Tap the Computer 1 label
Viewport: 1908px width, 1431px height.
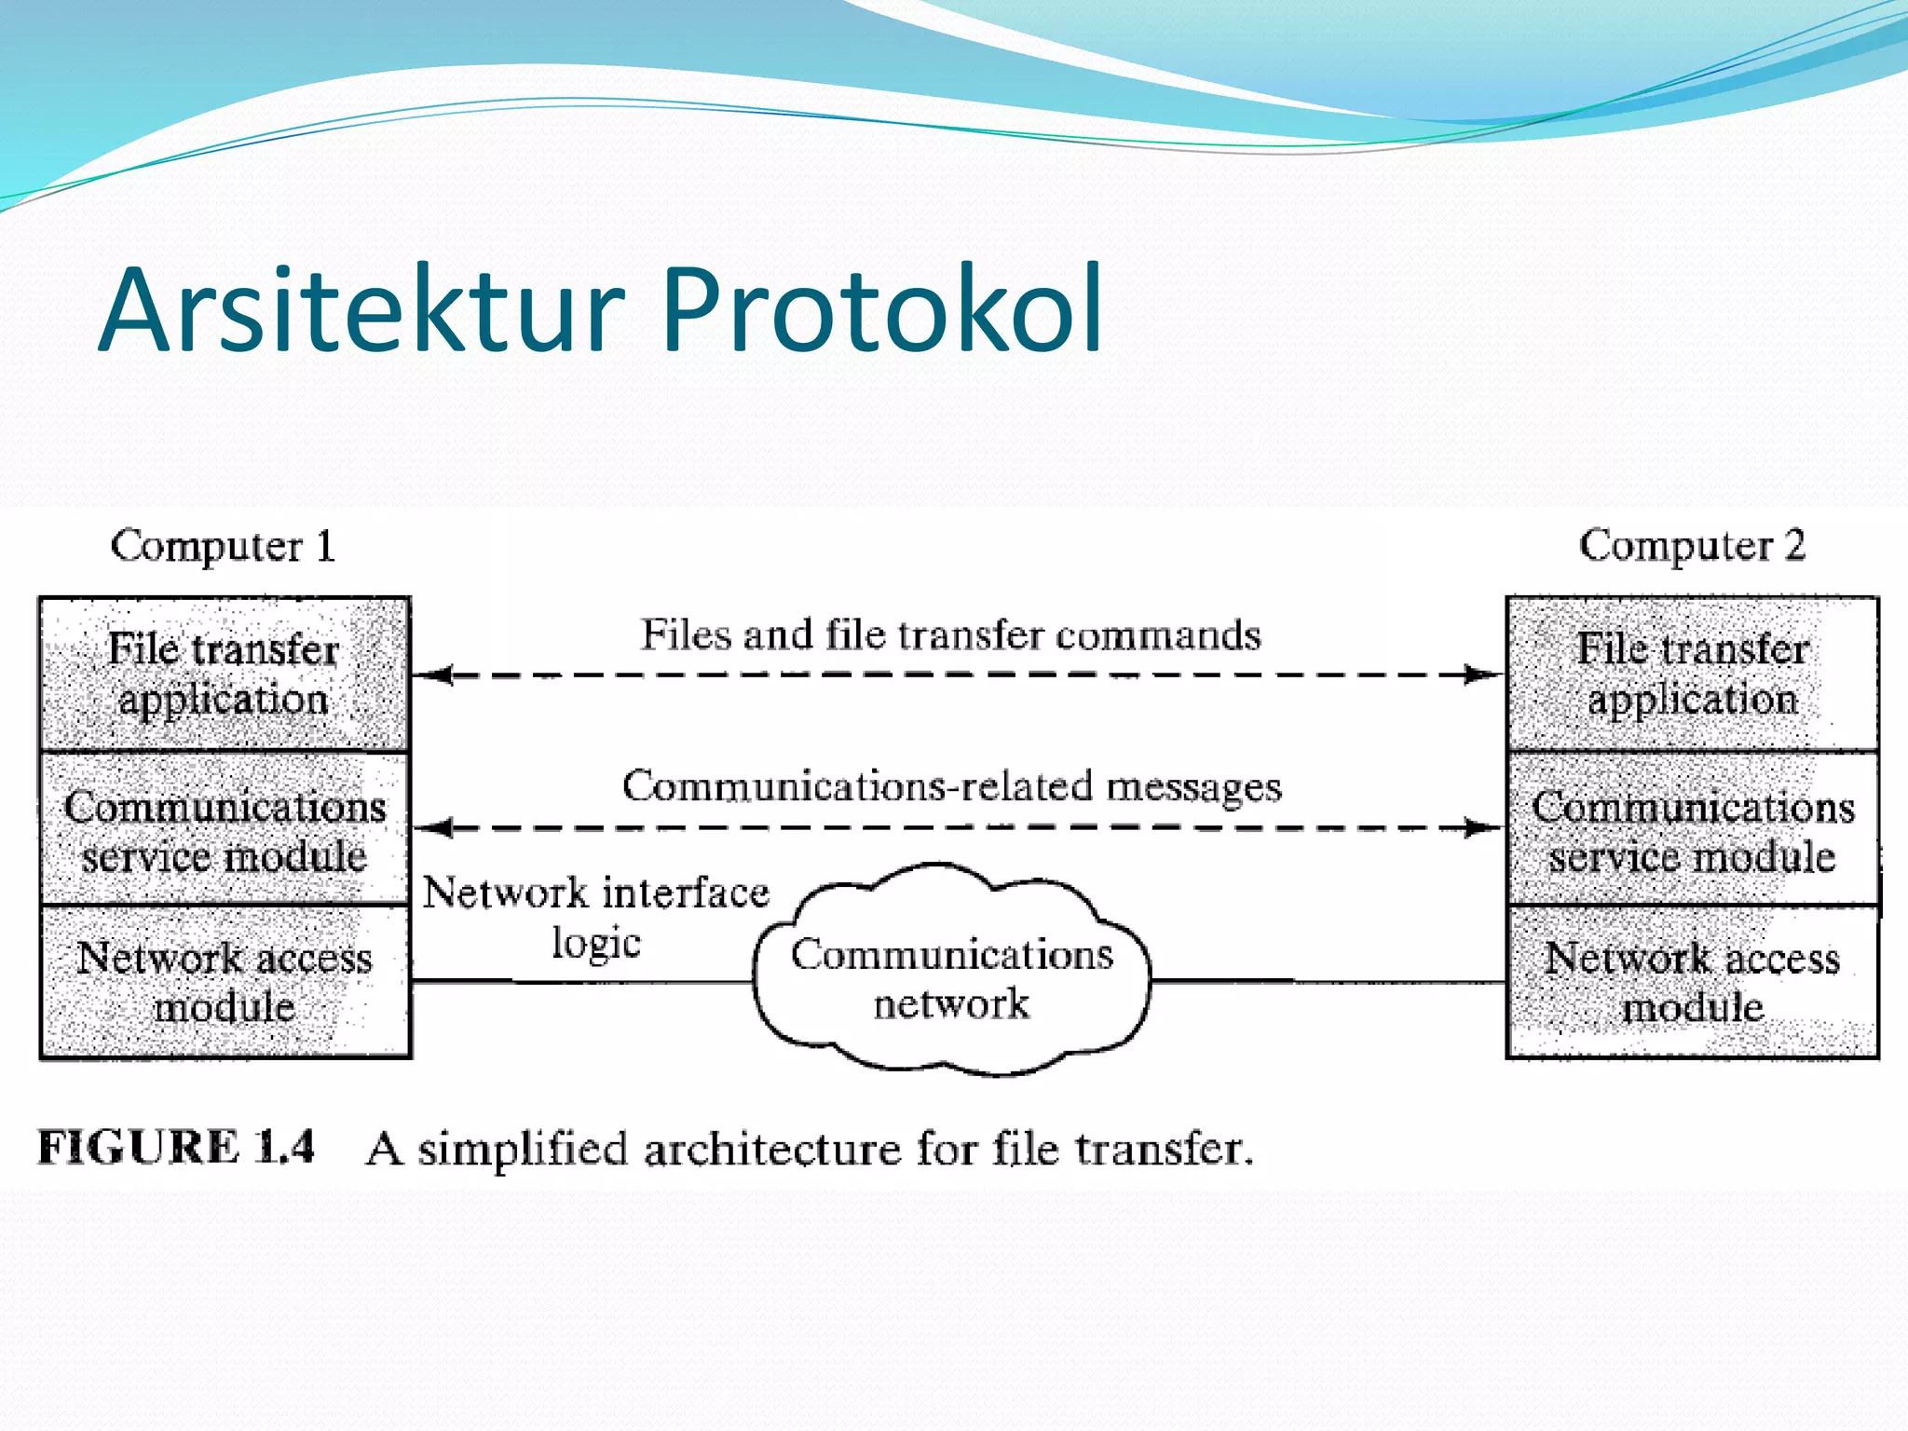pyautogui.click(x=223, y=545)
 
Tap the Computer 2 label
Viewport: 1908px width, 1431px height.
pyautogui.click(x=1692, y=545)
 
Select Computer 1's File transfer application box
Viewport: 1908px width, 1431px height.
pyautogui.click(x=225, y=674)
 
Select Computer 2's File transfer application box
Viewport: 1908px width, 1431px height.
pyautogui.click(x=1692, y=674)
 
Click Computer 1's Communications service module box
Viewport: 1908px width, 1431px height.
pyautogui.click(x=225, y=829)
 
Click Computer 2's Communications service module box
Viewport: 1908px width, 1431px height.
pyautogui.click(x=1692, y=829)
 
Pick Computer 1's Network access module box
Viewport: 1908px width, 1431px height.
pyautogui.click(x=225, y=982)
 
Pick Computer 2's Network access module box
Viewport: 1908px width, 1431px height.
pyautogui.click(x=1692, y=982)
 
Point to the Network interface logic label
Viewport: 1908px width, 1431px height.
pyautogui.click(x=596, y=917)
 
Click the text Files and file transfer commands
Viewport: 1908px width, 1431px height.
pyautogui.click(x=950, y=635)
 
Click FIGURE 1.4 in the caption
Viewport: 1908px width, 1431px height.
pyautogui.click(x=176, y=1147)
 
